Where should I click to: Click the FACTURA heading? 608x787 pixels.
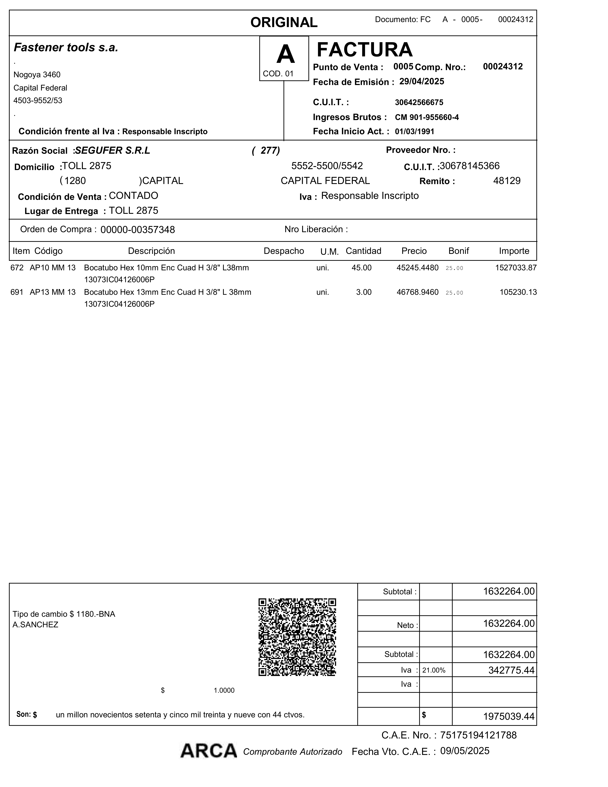click(x=365, y=50)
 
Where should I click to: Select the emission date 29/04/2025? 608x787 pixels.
click(x=421, y=81)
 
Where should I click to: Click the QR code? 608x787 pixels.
click(x=297, y=637)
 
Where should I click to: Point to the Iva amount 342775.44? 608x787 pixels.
click(x=511, y=670)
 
